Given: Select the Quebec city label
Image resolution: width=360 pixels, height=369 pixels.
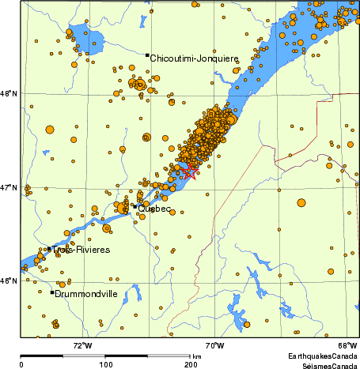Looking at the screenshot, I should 154,209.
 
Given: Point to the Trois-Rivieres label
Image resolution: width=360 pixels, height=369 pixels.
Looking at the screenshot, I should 77,250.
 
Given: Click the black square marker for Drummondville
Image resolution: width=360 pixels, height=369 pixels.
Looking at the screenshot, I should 52,292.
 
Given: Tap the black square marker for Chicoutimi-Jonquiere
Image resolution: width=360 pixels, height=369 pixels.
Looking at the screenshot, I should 147,55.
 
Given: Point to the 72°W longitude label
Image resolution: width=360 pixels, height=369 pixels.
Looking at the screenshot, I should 82,345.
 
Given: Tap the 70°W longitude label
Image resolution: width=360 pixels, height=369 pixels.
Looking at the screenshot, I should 214,345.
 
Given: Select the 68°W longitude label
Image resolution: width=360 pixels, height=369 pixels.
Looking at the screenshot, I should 347,345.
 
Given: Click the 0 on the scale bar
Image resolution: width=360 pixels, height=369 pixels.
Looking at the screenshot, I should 21,365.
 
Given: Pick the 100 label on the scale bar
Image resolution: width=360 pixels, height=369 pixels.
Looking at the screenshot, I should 105,365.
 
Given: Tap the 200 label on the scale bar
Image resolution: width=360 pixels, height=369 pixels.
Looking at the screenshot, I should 191,365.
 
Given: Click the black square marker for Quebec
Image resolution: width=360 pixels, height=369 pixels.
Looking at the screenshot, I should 135,207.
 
